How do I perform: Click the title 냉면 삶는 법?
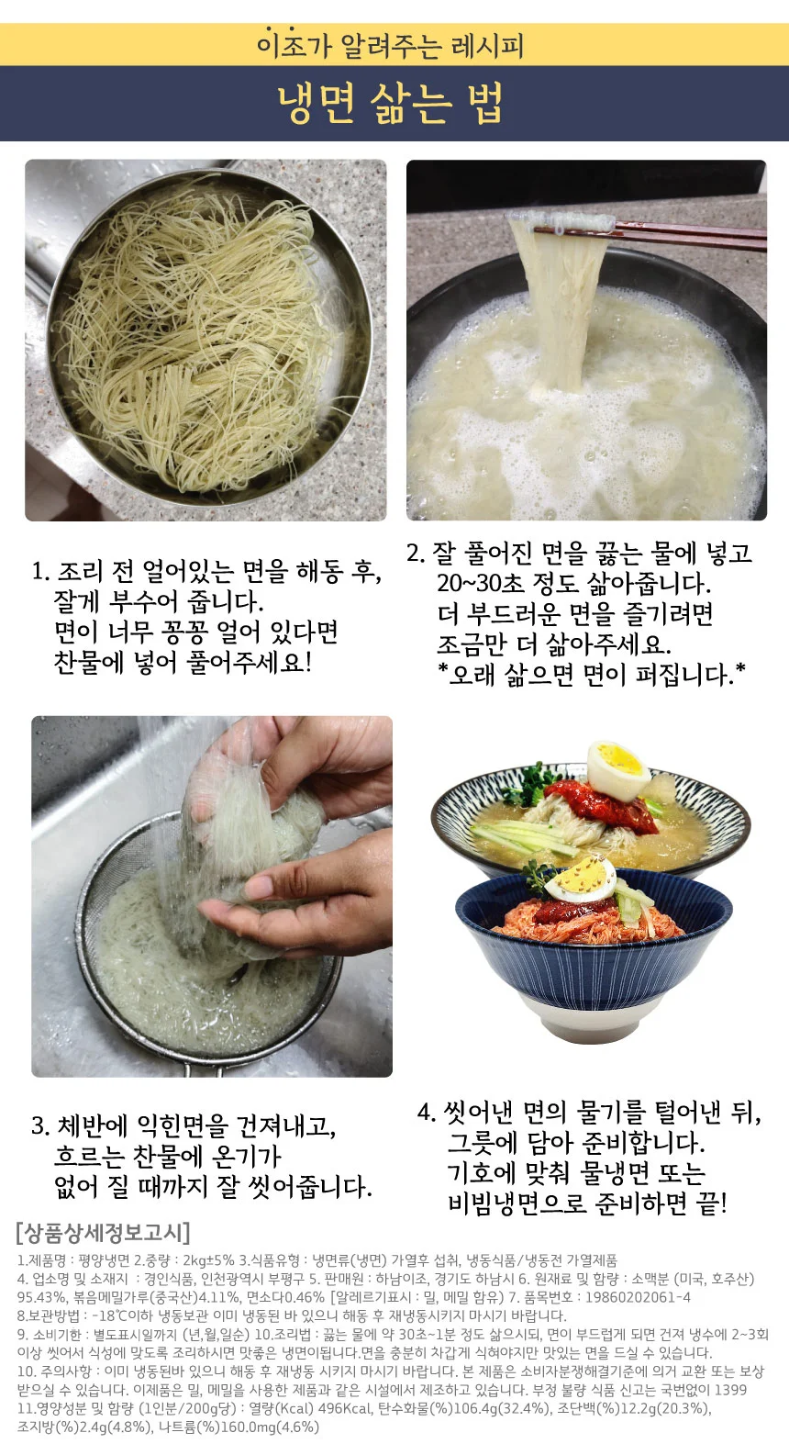(x=390, y=104)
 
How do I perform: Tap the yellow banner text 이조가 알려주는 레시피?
(x=390, y=45)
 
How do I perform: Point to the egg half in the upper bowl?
(x=619, y=770)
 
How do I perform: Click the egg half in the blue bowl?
(x=580, y=879)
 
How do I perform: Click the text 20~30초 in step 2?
(x=481, y=583)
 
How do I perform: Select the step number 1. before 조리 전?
(x=41, y=572)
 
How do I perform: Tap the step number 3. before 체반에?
(x=40, y=1125)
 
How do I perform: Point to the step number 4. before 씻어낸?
(x=427, y=1113)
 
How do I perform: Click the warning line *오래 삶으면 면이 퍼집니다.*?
(x=591, y=675)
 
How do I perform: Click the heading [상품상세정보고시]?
(x=104, y=1233)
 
